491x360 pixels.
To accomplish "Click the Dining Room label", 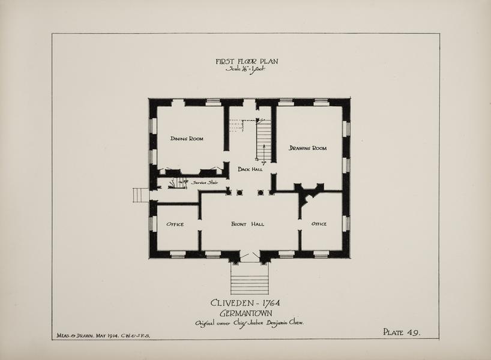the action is pos(187,139).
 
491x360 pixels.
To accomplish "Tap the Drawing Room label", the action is pos(307,148).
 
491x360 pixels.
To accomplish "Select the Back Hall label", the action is pos(250,169).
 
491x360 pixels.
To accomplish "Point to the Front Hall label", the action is pos(247,224).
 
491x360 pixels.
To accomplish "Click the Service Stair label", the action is pos(205,182).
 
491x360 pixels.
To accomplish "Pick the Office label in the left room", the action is pos(175,224).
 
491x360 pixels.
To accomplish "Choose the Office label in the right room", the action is pos(319,224).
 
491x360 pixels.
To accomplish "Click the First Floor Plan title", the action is pos(247,61).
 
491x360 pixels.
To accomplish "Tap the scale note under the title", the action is pos(245,69).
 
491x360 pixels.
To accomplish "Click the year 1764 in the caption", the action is pos(271,303).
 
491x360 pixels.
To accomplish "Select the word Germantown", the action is pos(246,313).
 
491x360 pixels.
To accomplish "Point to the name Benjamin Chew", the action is pos(285,323).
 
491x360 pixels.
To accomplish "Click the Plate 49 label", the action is pos(402,332).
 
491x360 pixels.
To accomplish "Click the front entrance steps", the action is pos(250,278).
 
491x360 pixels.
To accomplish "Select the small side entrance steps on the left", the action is pos(141,195).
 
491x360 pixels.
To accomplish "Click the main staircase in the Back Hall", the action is pos(264,140).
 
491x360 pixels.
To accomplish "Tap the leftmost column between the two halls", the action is pos(229,192).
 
